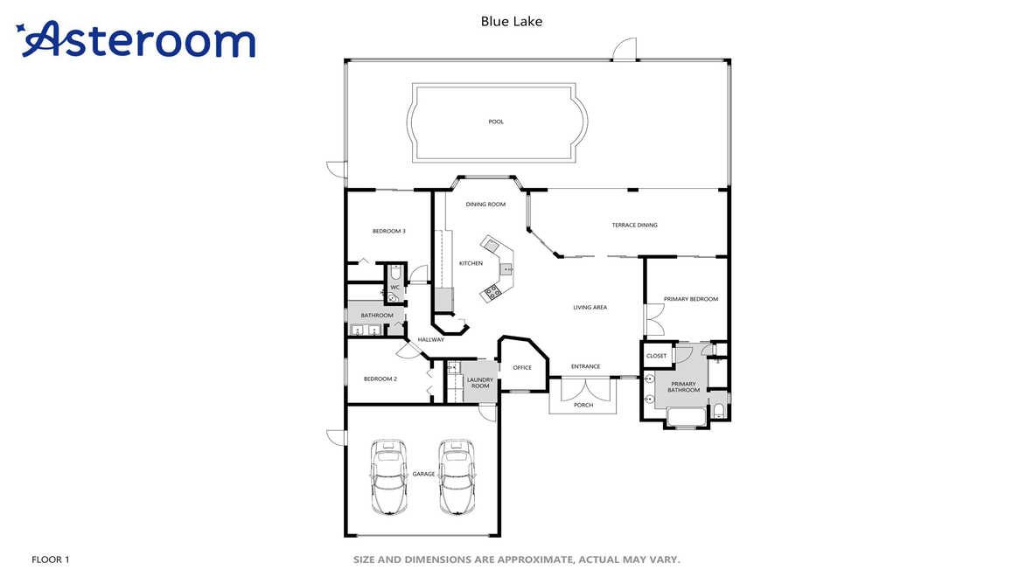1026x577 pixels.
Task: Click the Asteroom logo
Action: [136, 39]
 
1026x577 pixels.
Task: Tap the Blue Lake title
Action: [511, 21]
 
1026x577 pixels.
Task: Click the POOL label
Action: [496, 122]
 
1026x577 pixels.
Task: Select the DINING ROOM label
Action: [485, 204]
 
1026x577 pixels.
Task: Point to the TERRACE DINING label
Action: [635, 225]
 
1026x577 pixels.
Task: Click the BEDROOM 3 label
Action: [388, 231]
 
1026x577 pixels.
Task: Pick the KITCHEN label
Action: [471, 263]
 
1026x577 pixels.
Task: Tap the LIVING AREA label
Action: [590, 307]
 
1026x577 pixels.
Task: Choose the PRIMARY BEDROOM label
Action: [691, 299]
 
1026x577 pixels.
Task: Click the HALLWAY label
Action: [430, 339]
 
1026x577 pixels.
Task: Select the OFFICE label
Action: [522, 368]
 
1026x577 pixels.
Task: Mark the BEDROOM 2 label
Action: [380, 379]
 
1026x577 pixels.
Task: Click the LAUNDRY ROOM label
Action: [480, 383]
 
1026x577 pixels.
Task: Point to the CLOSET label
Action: [656, 356]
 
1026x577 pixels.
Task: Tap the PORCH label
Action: [583, 405]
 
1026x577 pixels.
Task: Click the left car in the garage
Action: [388, 477]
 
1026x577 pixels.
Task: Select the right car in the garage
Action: [457, 477]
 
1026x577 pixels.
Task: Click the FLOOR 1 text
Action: [51, 560]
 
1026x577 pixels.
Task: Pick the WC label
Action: [394, 288]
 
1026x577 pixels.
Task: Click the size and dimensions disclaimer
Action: [516, 560]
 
